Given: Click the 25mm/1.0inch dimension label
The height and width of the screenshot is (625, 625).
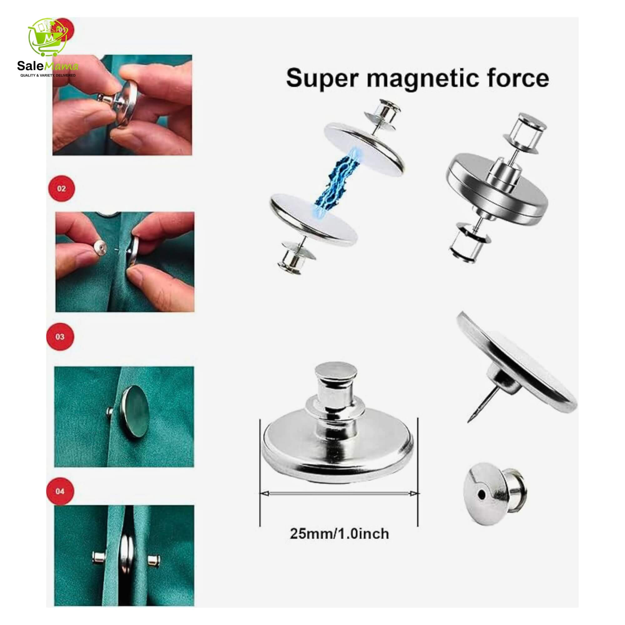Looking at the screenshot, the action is click(x=339, y=533).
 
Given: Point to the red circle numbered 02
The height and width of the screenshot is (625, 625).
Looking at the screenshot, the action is click(x=62, y=189).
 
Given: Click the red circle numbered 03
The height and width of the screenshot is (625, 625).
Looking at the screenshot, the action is click(x=60, y=337).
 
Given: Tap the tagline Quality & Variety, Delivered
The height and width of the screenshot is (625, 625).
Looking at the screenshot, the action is click(x=48, y=75).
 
